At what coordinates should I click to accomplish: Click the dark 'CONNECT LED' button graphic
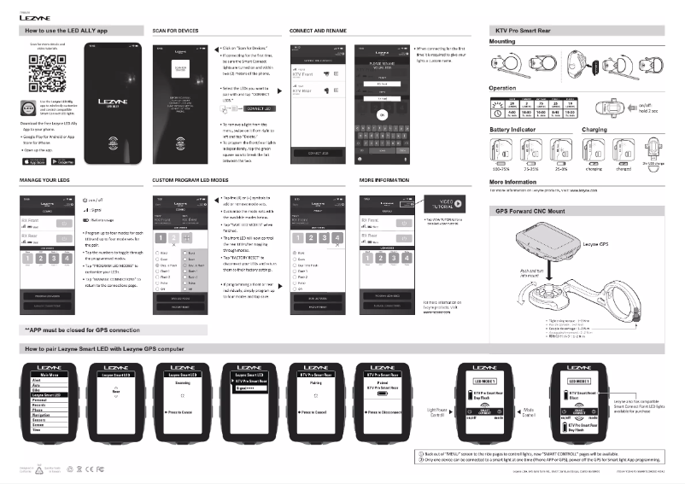261,109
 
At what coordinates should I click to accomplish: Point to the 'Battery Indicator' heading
512,129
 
